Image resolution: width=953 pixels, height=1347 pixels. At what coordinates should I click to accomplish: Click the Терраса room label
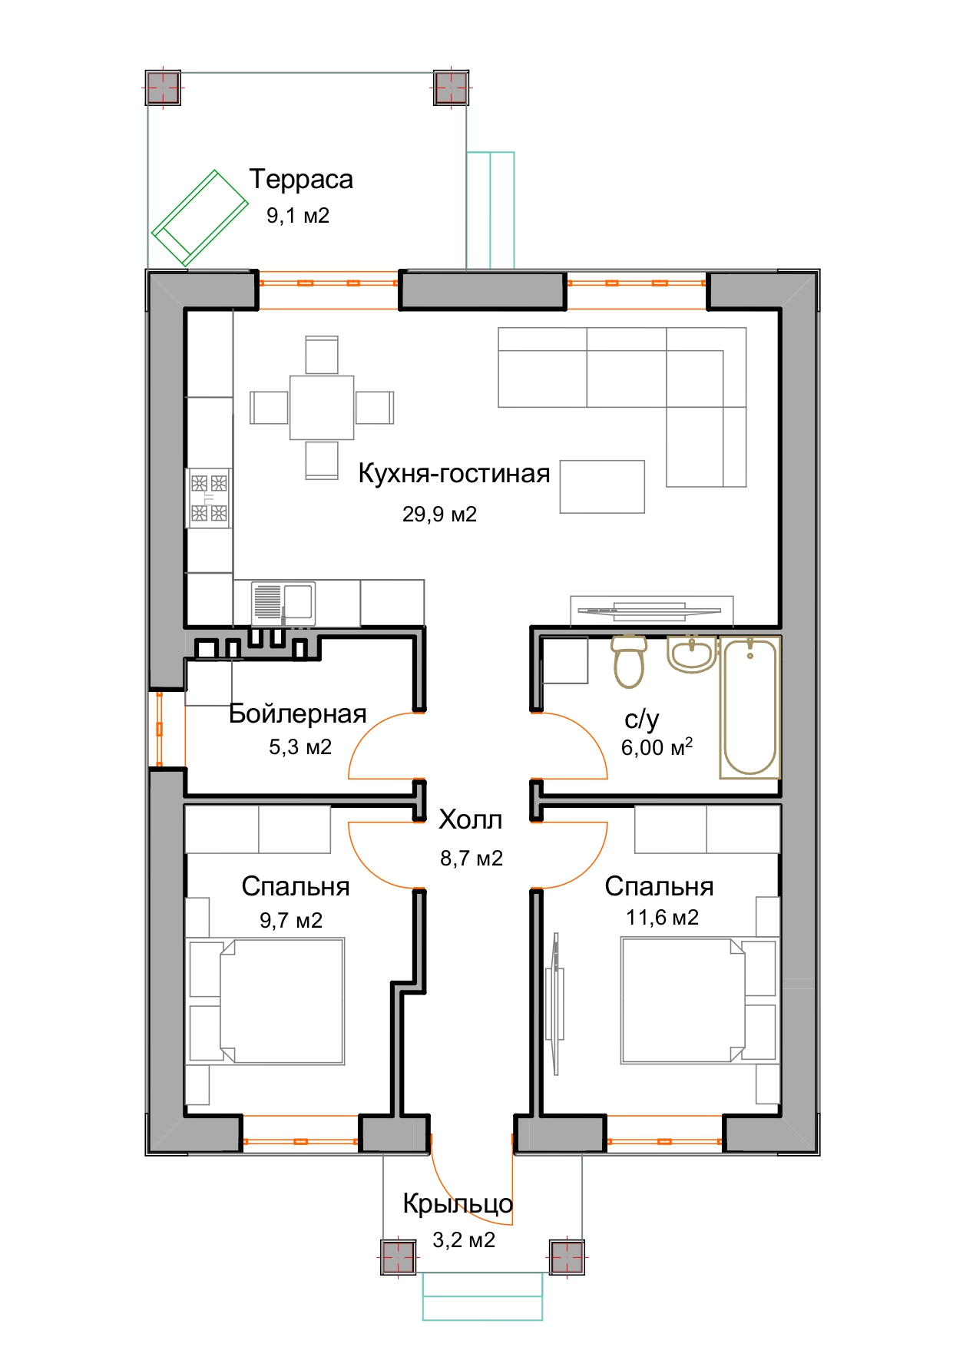tap(301, 179)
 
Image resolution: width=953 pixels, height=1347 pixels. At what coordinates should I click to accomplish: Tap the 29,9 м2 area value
tap(439, 514)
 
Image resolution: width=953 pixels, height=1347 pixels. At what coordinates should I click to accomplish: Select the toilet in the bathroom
tap(630, 660)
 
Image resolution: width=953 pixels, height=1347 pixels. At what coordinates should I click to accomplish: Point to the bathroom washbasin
tap(692, 654)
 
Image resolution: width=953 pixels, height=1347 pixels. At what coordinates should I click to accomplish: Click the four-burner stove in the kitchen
tap(209, 498)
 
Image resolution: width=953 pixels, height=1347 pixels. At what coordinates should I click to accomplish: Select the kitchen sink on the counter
tap(283, 602)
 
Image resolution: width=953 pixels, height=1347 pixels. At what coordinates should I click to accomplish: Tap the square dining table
tap(322, 408)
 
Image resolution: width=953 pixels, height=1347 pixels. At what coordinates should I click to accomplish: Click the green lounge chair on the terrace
tap(200, 218)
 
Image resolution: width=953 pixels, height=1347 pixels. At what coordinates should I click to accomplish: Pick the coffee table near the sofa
tap(602, 487)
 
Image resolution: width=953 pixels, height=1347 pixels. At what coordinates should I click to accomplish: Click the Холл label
tap(470, 820)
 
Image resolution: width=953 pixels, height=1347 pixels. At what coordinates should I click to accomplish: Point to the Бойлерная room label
tap(298, 713)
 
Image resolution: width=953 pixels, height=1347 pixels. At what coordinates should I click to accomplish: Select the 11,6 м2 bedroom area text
tap(662, 917)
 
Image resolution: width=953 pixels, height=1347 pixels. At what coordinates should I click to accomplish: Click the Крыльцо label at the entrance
tap(458, 1203)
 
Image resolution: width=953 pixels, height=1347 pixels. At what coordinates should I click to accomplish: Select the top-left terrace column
tap(163, 88)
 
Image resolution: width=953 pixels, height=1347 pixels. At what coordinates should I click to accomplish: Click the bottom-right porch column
tap(567, 1257)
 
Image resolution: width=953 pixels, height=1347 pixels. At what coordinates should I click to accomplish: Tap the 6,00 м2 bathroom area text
tap(657, 746)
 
